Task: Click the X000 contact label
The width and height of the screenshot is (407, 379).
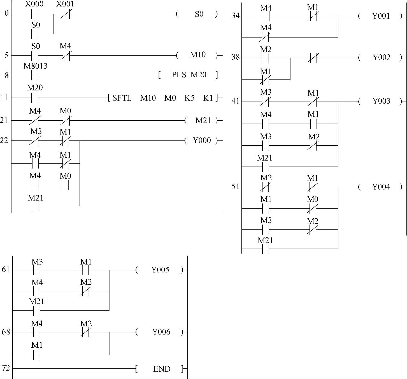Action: (34, 4)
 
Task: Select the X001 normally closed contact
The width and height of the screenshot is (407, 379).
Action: (65, 14)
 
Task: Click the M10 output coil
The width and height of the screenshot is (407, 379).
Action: (197, 55)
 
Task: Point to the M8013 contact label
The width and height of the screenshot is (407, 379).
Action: (35, 66)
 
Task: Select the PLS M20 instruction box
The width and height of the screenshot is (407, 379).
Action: (188, 75)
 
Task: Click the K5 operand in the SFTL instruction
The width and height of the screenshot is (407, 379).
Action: (189, 98)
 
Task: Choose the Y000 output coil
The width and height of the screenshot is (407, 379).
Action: (201, 141)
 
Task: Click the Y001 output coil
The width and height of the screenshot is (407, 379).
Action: (381, 16)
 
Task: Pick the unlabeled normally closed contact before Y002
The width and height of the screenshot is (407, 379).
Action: (313, 58)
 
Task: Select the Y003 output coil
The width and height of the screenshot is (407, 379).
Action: (381, 101)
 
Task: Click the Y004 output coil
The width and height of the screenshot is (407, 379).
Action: (381, 187)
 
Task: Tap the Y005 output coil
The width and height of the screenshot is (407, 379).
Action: (160, 270)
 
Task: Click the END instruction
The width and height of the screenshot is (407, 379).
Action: (161, 369)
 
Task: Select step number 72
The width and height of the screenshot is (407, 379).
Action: (6, 368)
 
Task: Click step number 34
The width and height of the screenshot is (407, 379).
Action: (236, 16)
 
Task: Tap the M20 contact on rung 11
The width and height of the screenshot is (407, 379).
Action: (35, 98)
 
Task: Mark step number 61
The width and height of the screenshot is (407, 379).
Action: (6, 270)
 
